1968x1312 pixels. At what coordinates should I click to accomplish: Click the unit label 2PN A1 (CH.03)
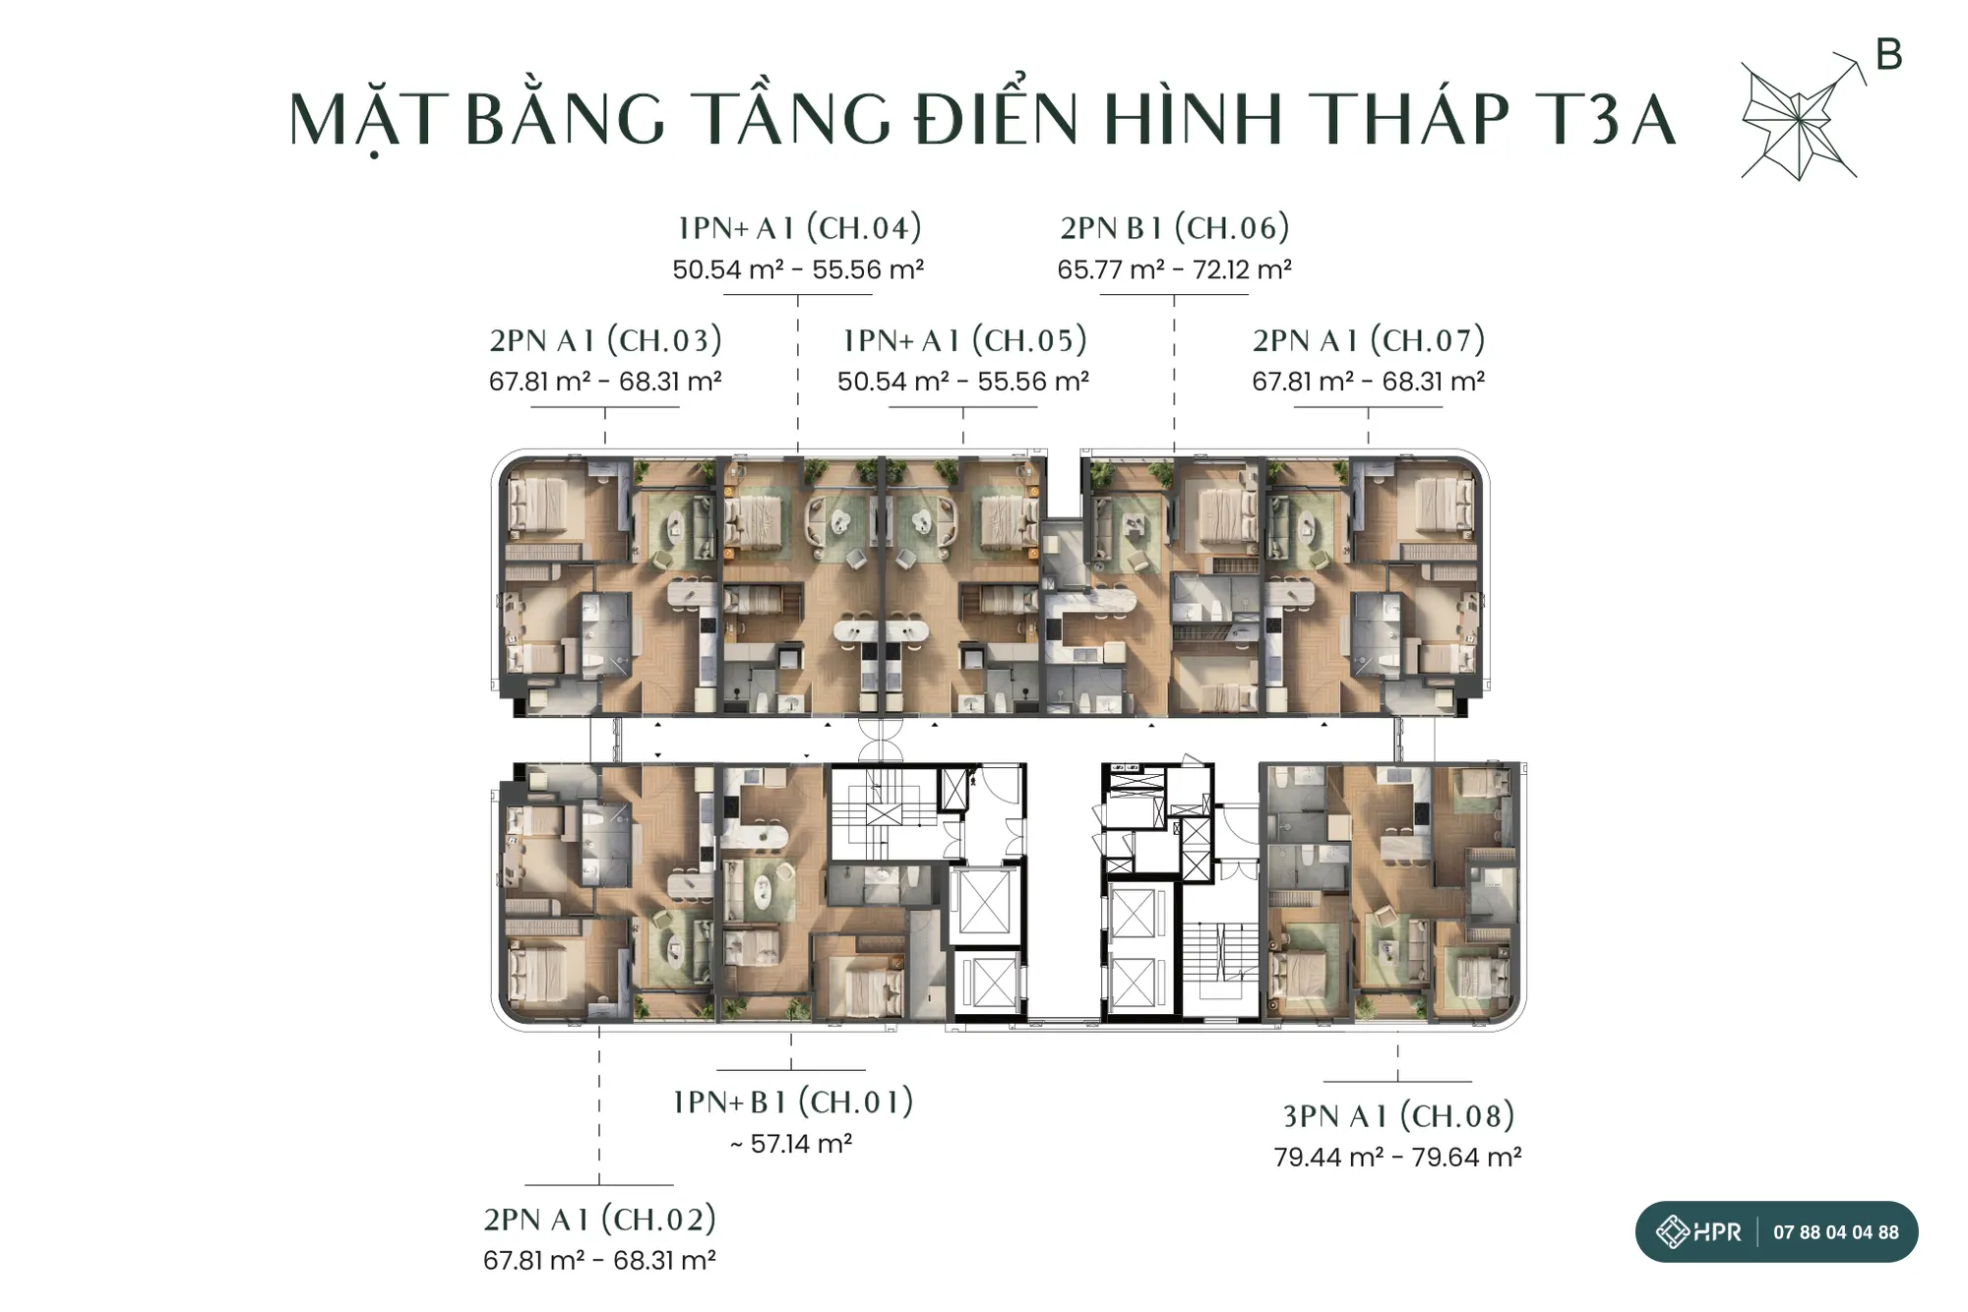click(x=605, y=340)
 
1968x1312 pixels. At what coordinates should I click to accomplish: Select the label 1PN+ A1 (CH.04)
click(x=799, y=228)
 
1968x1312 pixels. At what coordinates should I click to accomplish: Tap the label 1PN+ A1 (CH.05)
click(x=964, y=340)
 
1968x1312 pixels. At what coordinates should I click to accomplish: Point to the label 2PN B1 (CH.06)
click(x=1174, y=228)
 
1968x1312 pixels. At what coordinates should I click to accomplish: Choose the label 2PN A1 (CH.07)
click(x=1369, y=340)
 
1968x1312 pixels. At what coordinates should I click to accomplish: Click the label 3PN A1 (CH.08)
click(x=1398, y=1116)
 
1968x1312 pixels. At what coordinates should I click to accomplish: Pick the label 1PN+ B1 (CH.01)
click(x=793, y=1102)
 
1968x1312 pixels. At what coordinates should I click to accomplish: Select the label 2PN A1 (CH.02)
click(x=599, y=1220)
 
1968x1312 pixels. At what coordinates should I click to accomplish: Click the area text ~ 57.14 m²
click(x=791, y=1144)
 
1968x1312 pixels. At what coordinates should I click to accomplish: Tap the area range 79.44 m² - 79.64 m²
click(x=1397, y=1158)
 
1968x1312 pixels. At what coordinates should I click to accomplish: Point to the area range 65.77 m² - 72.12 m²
click(x=1174, y=269)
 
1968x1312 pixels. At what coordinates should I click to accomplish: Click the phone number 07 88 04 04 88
click(x=1836, y=1232)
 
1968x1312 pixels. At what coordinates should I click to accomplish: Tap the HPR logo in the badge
click(x=1698, y=1231)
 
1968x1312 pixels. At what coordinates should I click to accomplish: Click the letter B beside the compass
click(x=1889, y=54)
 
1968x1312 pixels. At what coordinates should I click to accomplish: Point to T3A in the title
click(x=1604, y=119)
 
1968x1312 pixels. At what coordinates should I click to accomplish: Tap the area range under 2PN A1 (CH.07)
click(x=1369, y=382)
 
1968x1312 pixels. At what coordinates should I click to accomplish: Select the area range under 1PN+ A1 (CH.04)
click(x=798, y=269)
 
